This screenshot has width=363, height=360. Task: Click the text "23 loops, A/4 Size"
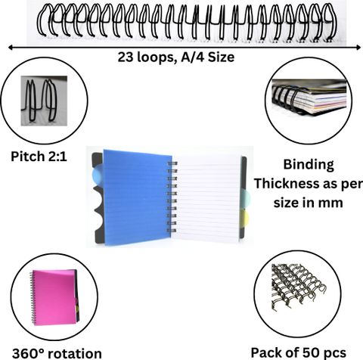point(176,57)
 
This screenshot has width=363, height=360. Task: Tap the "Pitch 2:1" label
point(39,157)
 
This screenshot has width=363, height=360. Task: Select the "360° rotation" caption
point(57,353)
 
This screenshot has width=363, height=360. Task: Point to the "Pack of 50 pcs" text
point(299,352)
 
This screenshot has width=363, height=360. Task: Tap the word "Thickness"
point(289,184)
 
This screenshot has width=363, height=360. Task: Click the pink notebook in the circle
point(54,297)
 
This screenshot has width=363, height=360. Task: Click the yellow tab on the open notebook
point(244,218)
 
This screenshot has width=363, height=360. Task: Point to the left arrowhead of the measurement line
point(11,47)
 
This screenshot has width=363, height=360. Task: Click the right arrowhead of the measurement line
point(358,47)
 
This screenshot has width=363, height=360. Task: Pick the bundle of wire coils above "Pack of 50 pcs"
point(299,287)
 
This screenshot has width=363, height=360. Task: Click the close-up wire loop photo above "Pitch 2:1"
point(44,101)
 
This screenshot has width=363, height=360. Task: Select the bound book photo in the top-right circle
point(309,97)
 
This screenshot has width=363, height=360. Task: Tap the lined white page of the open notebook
point(207,198)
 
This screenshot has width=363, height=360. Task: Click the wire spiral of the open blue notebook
point(172,197)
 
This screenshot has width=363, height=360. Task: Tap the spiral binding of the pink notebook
point(33,298)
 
